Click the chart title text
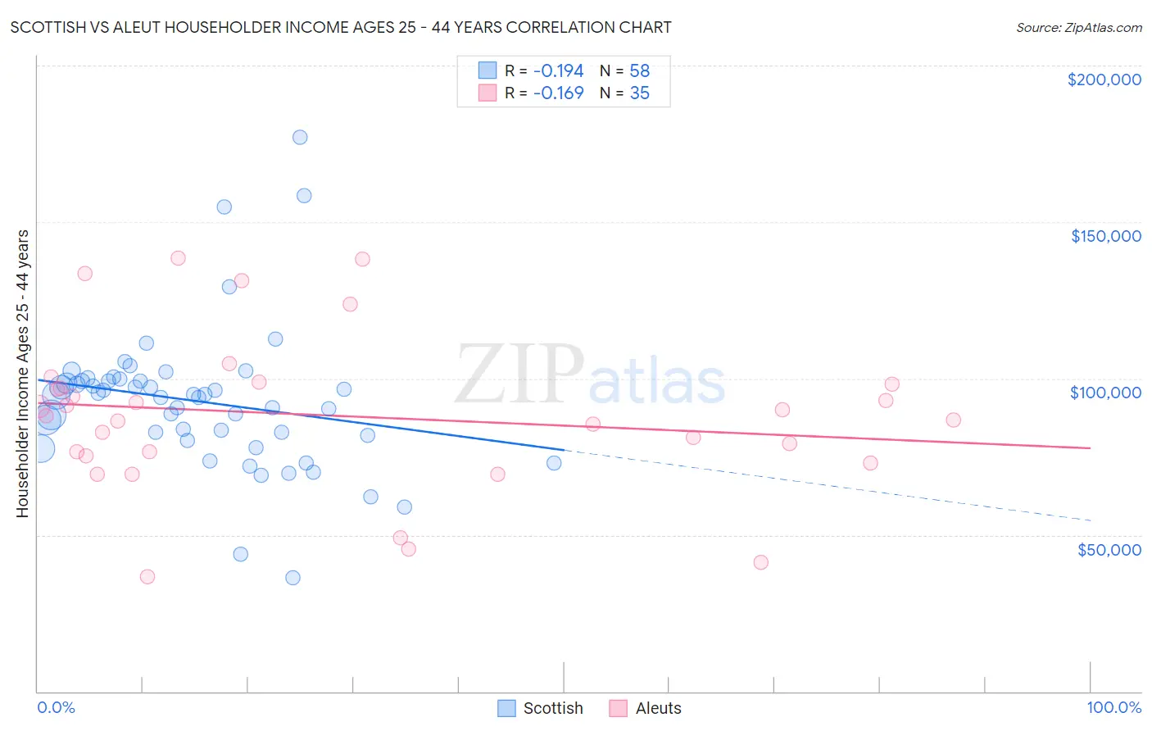click(341, 27)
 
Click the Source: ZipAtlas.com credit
click(1078, 27)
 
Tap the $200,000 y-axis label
click(1104, 79)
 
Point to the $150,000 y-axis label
click(1105, 236)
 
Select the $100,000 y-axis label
click(1105, 393)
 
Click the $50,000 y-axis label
click(1109, 549)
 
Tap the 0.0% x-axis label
click(56, 707)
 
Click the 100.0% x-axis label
click(1113, 707)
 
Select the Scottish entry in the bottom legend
click(541, 708)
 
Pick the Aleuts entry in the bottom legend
click(646, 708)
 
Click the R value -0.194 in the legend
click(558, 70)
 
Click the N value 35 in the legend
click(639, 93)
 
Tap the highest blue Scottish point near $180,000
click(300, 137)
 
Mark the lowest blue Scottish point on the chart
click(293, 578)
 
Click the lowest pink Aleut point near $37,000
click(147, 577)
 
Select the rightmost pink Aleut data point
click(953, 420)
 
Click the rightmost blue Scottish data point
click(554, 463)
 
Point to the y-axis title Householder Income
click(22, 374)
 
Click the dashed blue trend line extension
click(819, 484)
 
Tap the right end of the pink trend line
click(1089, 447)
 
